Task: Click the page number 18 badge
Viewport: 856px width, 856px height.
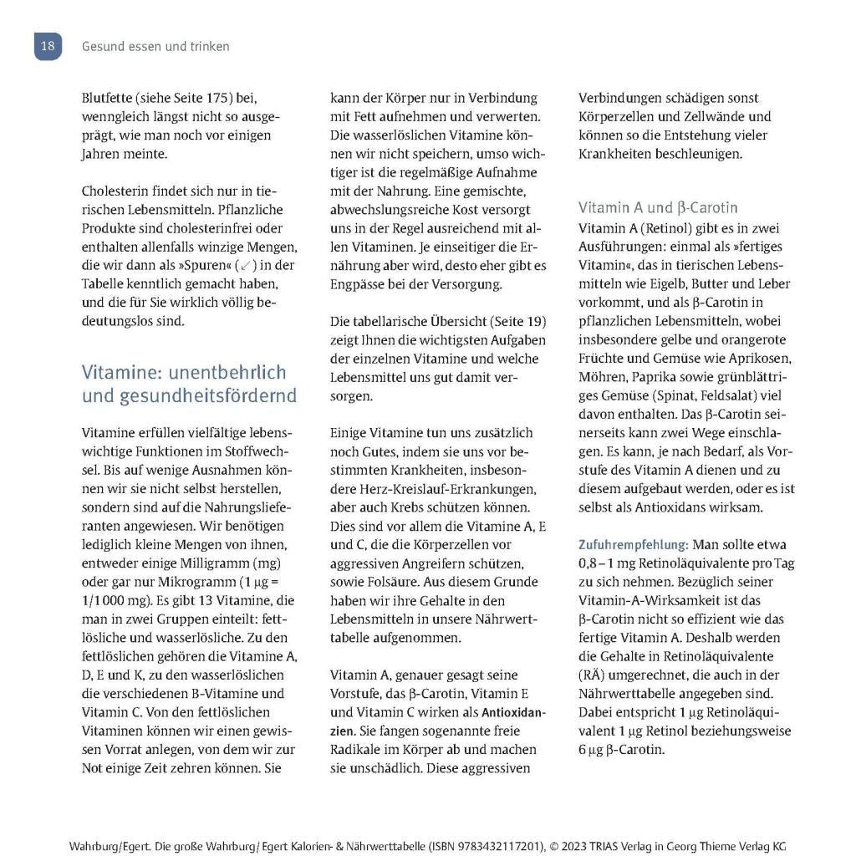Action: pos(48,46)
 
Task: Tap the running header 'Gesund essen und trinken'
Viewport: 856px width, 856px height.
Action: pos(155,47)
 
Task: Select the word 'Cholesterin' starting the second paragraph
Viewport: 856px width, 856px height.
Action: pos(116,191)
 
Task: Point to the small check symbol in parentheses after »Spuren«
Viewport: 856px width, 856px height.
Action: pos(244,265)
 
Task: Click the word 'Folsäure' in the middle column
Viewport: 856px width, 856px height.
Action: pos(394,581)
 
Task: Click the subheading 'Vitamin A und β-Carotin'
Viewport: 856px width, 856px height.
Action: pos(658,207)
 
